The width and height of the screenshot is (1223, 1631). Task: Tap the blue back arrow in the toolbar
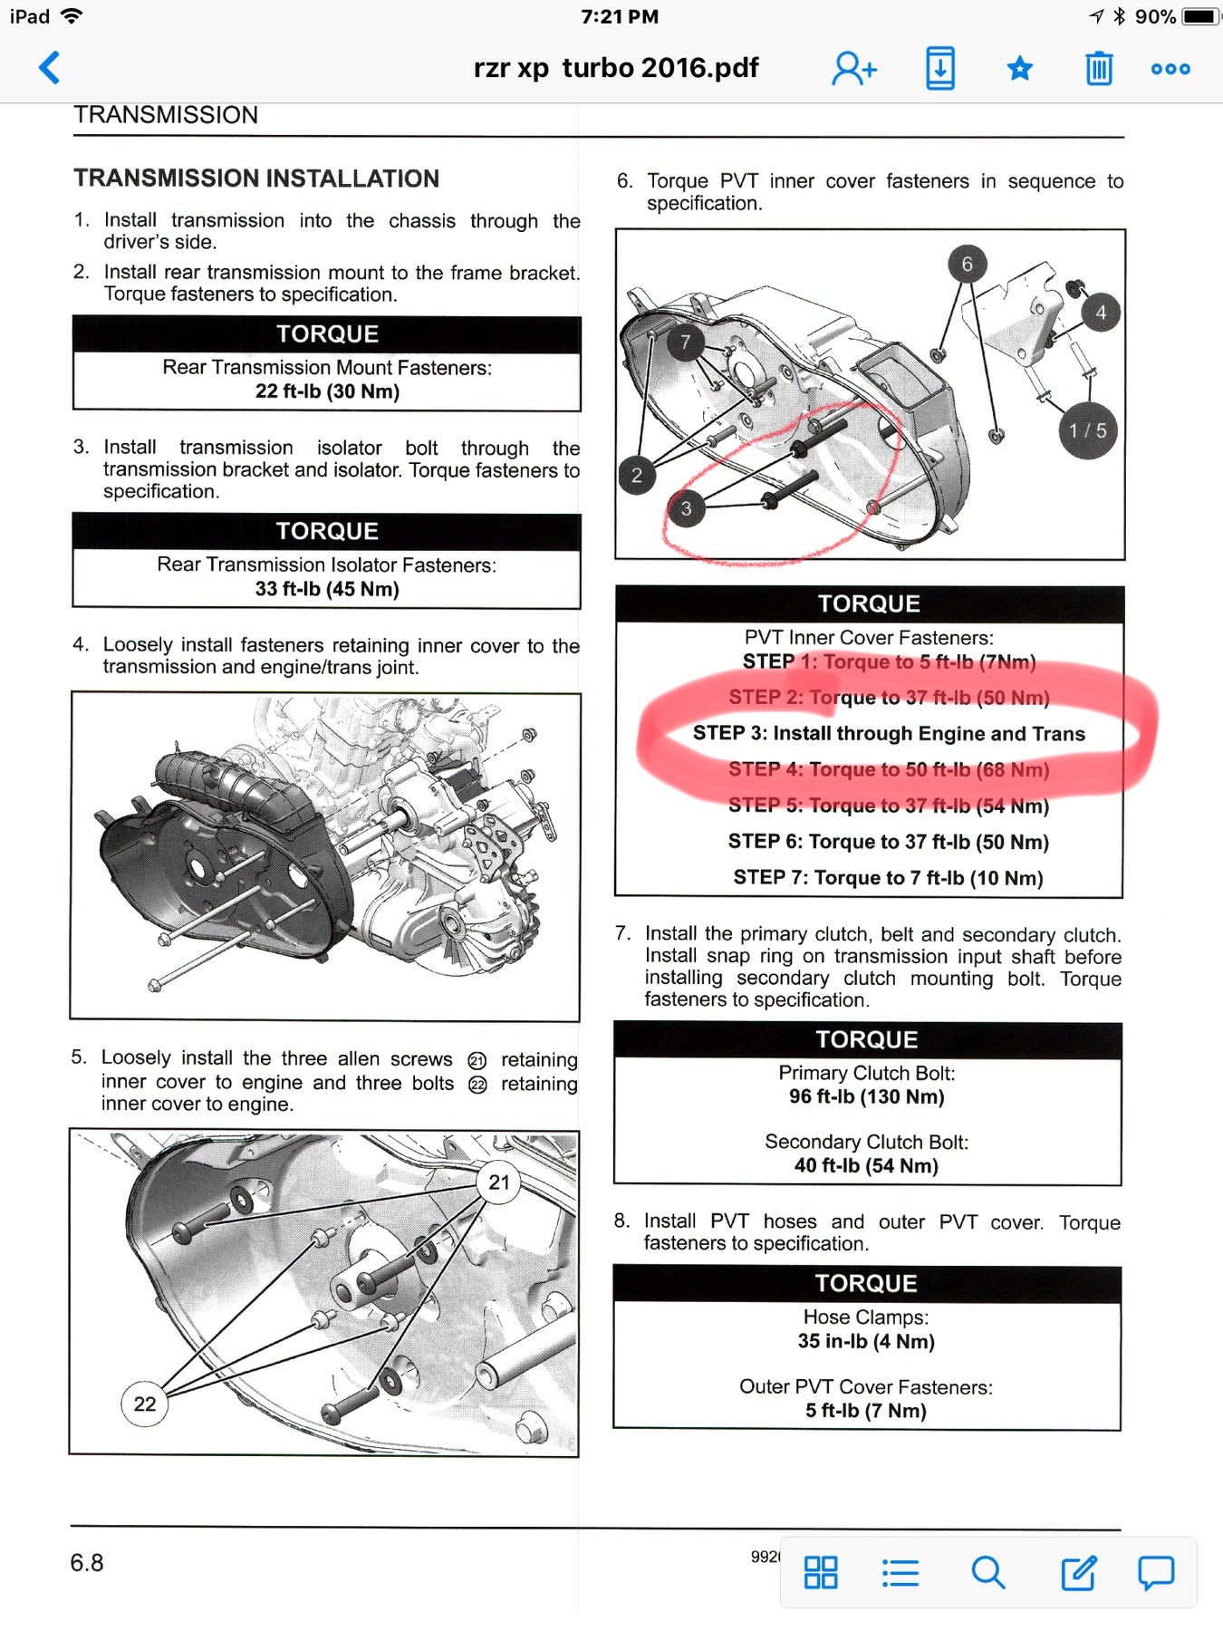[50, 68]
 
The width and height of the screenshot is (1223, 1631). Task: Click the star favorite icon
[1020, 69]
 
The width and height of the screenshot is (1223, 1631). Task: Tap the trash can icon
[1099, 69]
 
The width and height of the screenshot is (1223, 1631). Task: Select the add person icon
[854, 69]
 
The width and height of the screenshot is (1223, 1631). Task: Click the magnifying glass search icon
[987, 1573]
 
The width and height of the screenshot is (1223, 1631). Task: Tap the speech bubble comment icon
[1156, 1573]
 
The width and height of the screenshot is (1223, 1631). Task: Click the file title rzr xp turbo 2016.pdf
[616, 68]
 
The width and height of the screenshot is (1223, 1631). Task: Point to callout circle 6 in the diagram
[967, 264]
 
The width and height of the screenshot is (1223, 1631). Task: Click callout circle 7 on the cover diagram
[686, 342]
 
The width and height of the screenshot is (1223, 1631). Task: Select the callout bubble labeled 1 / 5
[1087, 430]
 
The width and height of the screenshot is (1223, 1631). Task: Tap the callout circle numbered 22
[145, 1404]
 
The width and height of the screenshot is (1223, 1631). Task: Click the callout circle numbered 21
[499, 1182]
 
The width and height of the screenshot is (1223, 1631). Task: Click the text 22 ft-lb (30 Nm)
[327, 391]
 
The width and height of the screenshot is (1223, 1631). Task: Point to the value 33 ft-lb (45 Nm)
[327, 589]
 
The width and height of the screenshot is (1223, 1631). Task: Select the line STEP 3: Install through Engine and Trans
[889, 733]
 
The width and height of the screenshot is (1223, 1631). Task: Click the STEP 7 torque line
[888, 877]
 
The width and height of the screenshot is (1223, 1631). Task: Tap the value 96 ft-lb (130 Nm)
[866, 1096]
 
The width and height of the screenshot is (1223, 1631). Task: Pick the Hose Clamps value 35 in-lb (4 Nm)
[866, 1341]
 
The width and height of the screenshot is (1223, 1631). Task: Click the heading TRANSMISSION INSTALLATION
[256, 179]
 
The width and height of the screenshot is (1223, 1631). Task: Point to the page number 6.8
[87, 1563]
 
